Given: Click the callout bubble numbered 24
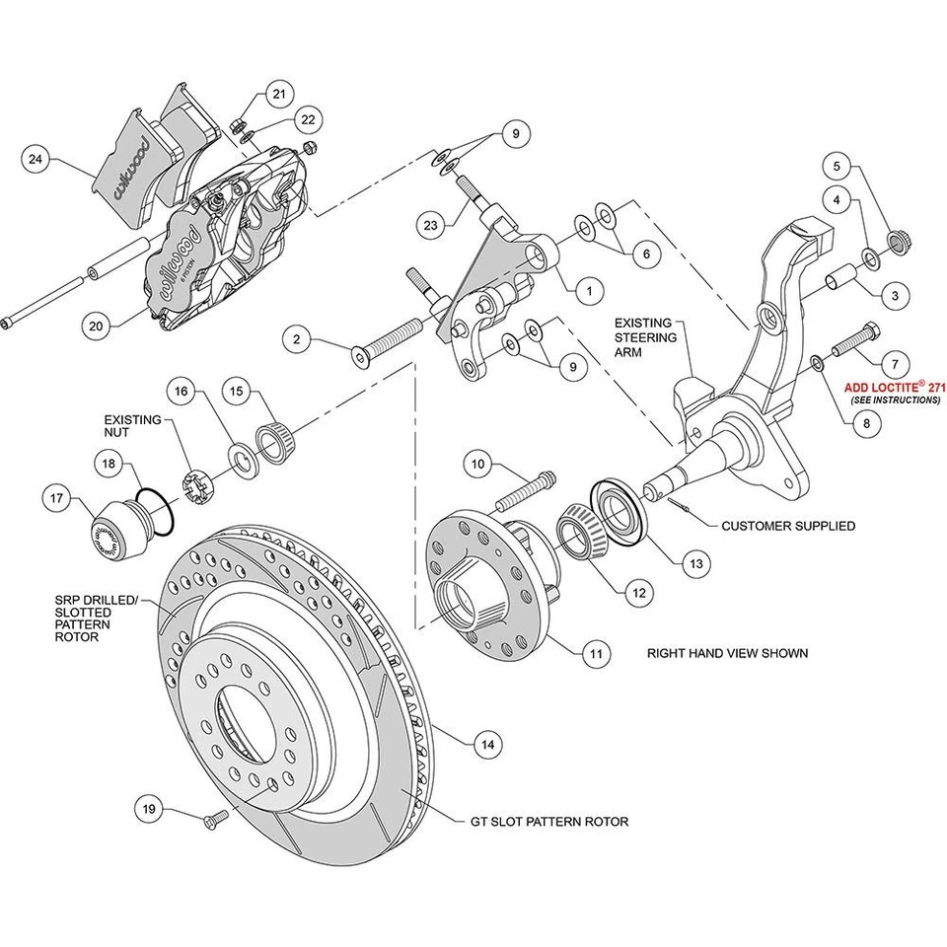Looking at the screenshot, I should pyautogui.click(x=36, y=159).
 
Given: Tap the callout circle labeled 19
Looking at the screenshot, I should pyautogui.click(x=149, y=809).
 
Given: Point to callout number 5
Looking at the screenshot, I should pyautogui.click(x=837, y=166).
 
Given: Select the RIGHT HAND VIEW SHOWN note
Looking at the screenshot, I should pyautogui.click(x=727, y=652).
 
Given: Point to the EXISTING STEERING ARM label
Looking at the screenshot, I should pyautogui.click(x=644, y=338).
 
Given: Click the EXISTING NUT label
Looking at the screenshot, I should pyautogui.click(x=132, y=426).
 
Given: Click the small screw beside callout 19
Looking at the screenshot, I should pyautogui.click(x=214, y=819).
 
